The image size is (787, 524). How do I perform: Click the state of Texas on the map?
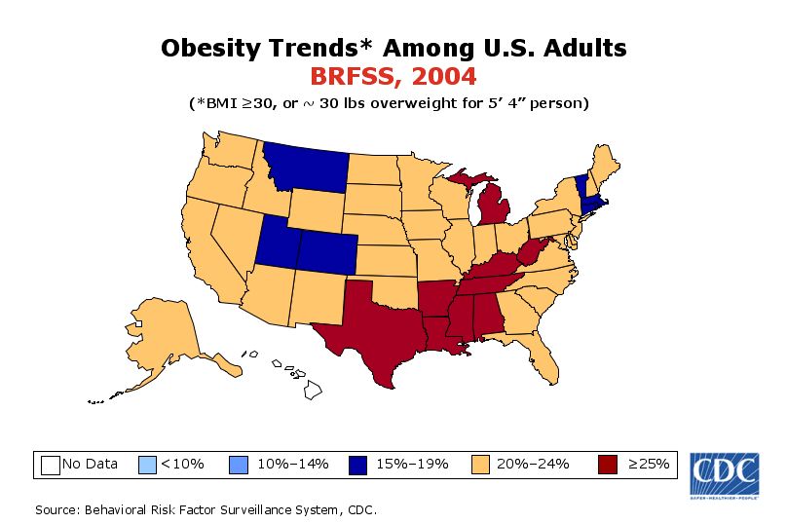click(x=375, y=326)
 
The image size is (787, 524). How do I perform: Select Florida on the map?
click(x=547, y=359)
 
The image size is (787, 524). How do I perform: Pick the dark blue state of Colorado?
click(x=326, y=256)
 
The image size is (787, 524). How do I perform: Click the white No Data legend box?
click(x=51, y=465)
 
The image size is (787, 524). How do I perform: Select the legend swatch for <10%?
click(x=148, y=465)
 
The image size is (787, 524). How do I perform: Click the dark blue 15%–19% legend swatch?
click(x=360, y=465)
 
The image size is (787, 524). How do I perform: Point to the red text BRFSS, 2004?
click(x=393, y=76)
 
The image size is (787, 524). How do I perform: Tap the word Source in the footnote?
click(x=56, y=509)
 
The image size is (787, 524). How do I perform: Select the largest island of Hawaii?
click(x=314, y=390)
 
